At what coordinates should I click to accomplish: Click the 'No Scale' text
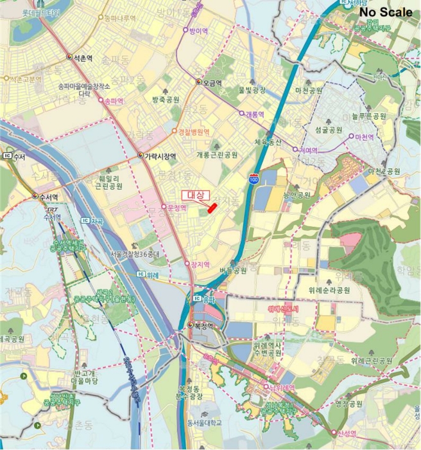385,12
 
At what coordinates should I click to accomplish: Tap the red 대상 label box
192,195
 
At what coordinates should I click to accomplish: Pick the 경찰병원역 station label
194,131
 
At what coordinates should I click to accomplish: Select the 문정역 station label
176,208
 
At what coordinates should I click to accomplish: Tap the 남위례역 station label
281,387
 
